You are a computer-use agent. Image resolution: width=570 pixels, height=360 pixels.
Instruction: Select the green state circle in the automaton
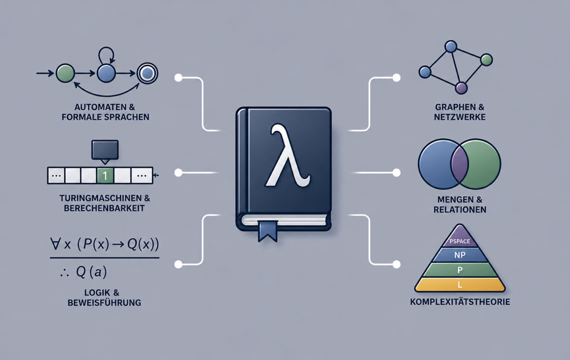65,74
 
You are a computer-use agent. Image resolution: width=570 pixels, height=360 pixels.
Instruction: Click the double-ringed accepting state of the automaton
147,74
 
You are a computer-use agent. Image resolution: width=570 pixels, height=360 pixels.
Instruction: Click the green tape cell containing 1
105,176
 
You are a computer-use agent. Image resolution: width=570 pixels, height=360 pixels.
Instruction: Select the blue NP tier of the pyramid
460,255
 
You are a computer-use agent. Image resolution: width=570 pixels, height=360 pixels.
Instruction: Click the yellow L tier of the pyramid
460,285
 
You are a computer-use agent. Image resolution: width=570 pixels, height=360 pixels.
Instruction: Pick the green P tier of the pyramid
460,270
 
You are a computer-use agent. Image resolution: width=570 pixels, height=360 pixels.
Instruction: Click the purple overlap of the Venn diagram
460,164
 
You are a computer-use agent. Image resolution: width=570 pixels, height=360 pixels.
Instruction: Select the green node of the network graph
487,60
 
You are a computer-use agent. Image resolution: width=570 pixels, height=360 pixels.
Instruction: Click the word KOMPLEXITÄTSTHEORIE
460,302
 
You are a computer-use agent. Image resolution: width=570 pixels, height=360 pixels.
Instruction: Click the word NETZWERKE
460,117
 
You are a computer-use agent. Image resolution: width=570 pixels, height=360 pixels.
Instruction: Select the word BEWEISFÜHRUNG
104,303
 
